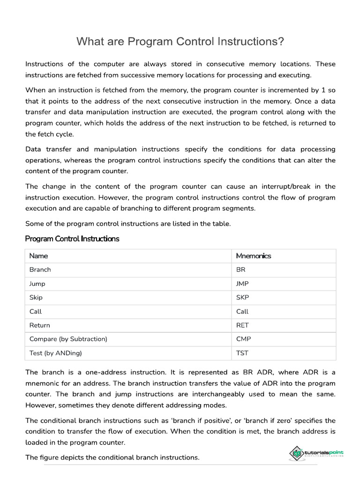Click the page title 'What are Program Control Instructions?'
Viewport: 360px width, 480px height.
click(x=180, y=42)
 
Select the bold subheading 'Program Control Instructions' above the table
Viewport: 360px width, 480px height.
click(x=72, y=239)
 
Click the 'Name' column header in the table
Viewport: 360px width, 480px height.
click(x=38, y=256)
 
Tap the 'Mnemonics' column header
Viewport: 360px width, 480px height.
click(x=254, y=256)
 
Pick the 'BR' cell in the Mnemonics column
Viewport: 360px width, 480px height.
click(x=241, y=270)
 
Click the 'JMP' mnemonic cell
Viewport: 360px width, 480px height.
click(x=242, y=284)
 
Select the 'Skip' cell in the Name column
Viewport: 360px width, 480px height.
click(x=36, y=298)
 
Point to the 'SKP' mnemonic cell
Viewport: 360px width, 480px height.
click(x=242, y=298)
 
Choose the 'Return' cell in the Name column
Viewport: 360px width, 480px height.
click(x=39, y=325)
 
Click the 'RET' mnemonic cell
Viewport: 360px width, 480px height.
click(x=242, y=325)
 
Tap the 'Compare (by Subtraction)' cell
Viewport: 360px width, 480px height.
click(x=68, y=339)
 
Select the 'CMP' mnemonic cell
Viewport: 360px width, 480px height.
click(x=243, y=339)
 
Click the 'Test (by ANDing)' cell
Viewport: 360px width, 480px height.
click(x=59, y=353)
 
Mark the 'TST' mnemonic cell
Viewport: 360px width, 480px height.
click(x=242, y=353)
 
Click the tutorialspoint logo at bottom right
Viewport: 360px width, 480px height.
click(x=317, y=453)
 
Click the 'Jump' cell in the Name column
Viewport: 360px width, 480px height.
click(x=37, y=284)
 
